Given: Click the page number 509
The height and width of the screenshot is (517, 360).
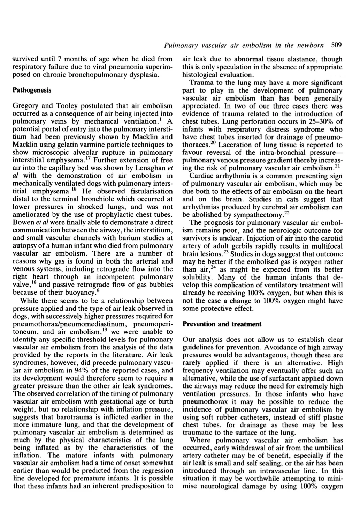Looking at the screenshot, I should [x=337, y=45].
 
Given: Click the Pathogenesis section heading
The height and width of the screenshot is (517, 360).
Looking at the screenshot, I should [x=32, y=90].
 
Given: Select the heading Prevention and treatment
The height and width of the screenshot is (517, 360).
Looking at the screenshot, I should [x=222, y=324].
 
